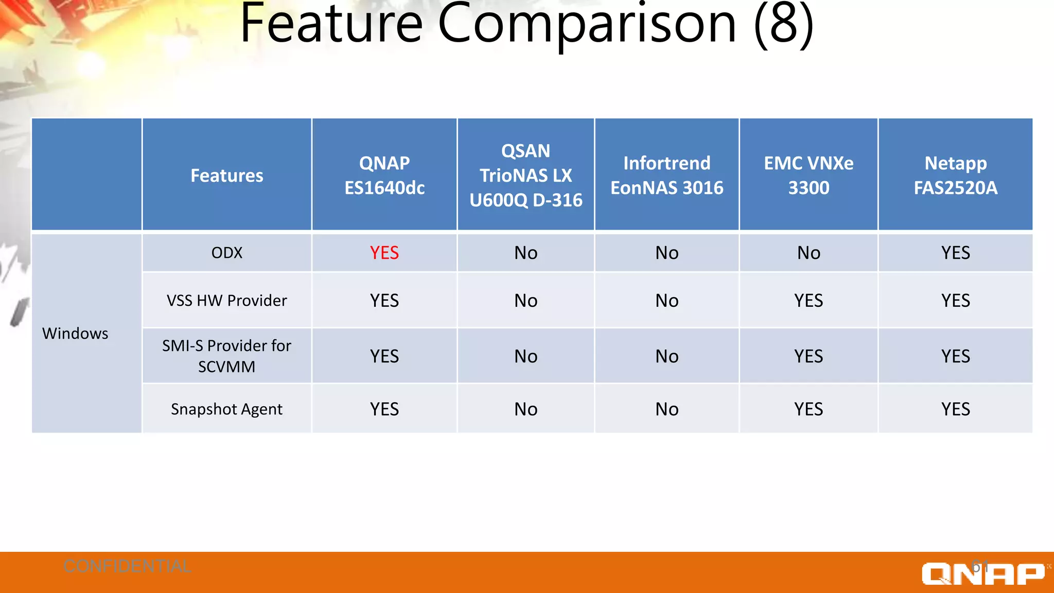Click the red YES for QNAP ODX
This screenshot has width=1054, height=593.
pos(384,253)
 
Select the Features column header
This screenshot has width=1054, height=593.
pos(226,176)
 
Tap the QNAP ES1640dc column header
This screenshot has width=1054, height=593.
pos(384,176)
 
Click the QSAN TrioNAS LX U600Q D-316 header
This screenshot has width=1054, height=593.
pos(525,176)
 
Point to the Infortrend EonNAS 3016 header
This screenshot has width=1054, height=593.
pos(666,176)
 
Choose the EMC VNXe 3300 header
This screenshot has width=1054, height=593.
pos(808,176)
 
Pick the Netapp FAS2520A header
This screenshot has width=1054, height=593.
pos(955,176)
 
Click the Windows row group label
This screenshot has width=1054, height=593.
pos(75,334)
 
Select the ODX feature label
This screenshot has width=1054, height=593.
pos(226,253)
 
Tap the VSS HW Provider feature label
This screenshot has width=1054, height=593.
pos(226,301)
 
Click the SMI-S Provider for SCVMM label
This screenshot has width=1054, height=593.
pos(226,356)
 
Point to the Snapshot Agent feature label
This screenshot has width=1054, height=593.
pos(226,409)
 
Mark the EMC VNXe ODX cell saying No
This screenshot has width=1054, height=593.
pos(808,253)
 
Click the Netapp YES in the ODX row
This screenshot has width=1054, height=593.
pos(955,253)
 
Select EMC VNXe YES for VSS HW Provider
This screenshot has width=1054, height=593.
pos(808,301)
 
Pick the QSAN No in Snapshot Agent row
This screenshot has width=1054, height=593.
pos(525,409)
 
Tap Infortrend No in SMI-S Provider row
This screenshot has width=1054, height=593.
pos(666,356)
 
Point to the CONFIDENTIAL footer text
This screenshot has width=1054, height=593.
pos(127,566)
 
